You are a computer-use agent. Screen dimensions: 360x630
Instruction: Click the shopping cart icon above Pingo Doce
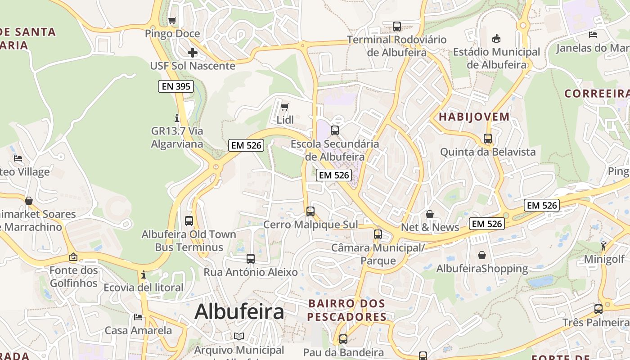(x=172, y=20)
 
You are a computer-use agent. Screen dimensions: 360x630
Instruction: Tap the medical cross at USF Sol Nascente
(x=193, y=53)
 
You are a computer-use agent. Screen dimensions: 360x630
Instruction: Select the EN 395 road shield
(x=176, y=86)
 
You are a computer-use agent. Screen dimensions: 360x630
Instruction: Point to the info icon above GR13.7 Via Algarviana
(x=177, y=118)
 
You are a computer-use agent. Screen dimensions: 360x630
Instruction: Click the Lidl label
(x=285, y=120)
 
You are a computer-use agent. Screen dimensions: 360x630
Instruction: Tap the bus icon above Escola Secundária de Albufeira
(x=334, y=130)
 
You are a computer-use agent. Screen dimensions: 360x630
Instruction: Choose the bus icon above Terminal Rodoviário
(x=396, y=27)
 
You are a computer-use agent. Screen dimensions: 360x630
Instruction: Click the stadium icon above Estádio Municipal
(x=496, y=39)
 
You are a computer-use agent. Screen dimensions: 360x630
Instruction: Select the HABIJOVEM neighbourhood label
(x=474, y=117)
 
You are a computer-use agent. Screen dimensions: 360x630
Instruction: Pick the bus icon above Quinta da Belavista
(x=488, y=139)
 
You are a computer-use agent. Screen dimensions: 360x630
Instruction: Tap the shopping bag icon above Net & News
(x=430, y=214)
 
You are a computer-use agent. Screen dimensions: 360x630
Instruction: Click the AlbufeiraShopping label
(x=482, y=269)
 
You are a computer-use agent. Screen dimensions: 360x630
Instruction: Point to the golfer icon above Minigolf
(x=603, y=246)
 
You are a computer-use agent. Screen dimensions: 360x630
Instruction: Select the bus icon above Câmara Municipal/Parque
(x=378, y=234)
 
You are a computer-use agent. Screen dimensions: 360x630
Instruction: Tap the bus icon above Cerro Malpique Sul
(x=310, y=211)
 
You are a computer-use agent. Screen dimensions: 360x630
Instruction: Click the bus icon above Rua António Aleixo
(x=251, y=259)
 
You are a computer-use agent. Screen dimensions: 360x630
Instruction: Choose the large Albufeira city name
(x=239, y=311)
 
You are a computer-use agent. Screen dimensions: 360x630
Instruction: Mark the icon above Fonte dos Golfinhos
(x=73, y=257)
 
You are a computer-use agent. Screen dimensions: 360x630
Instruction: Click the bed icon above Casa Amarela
(x=138, y=317)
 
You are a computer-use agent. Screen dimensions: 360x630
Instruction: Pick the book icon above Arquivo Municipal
(x=239, y=337)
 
